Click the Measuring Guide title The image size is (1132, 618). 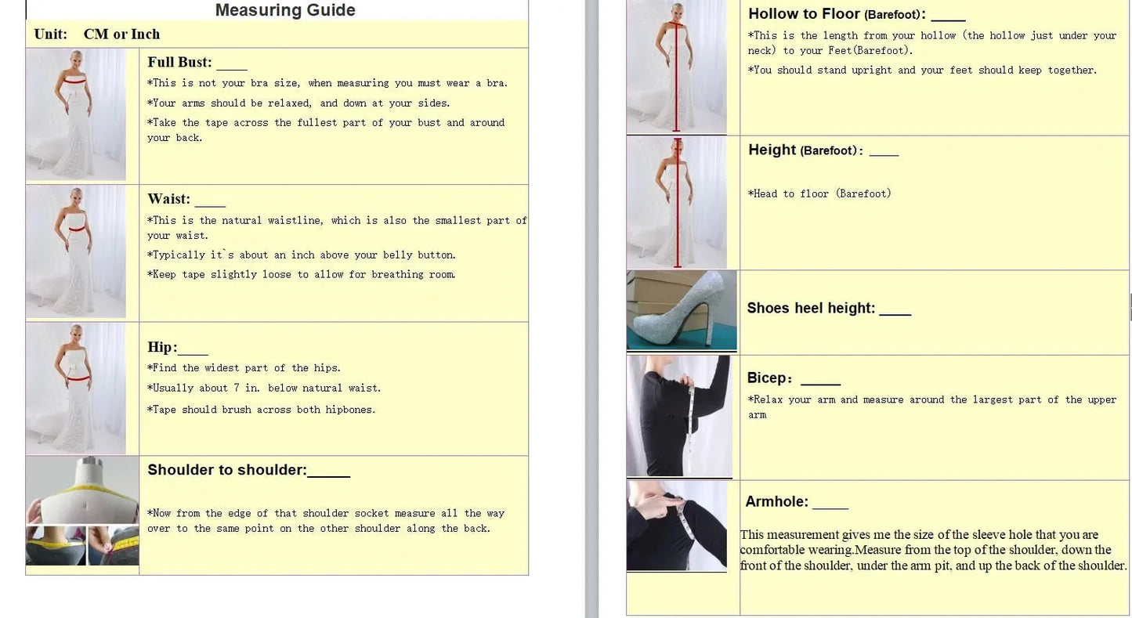coord(285,9)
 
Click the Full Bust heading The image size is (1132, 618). coord(179,62)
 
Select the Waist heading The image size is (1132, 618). coord(168,199)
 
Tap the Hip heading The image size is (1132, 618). coord(162,347)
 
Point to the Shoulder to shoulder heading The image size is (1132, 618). coord(227,470)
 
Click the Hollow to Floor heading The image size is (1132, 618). coord(837,13)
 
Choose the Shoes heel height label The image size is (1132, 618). coord(811,308)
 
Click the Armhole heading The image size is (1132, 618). coord(777,501)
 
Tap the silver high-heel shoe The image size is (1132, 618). coord(678,309)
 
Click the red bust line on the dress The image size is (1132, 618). coord(74,80)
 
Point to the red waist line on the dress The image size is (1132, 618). coord(77,229)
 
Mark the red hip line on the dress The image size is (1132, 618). coord(78,378)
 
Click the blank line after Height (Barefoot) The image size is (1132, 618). coord(884,155)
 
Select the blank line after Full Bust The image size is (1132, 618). coord(232,69)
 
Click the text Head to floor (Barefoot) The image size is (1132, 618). coord(819,193)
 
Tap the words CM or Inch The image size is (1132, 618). coord(121,34)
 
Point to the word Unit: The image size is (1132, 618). coord(51,34)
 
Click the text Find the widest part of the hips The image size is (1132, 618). coord(244,368)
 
